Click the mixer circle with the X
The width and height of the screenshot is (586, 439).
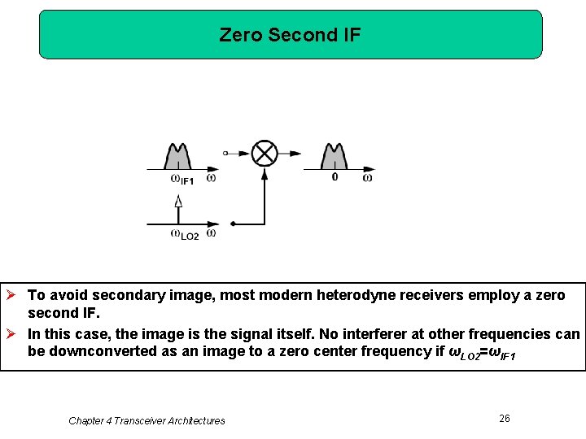tap(264, 153)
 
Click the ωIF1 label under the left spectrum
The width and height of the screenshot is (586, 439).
tap(181, 179)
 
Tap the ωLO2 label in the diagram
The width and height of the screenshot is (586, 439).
tap(185, 235)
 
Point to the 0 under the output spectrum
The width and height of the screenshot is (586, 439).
tap(335, 176)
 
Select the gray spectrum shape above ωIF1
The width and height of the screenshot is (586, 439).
tap(178, 156)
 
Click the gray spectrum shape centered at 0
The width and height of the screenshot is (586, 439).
tap(335, 156)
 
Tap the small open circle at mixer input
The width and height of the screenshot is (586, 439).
tap(225, 153)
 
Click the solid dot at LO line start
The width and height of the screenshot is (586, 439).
tap(233, 224)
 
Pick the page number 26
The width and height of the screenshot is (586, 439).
tap(505, 418)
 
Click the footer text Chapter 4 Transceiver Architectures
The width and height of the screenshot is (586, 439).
tap(146, 420)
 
